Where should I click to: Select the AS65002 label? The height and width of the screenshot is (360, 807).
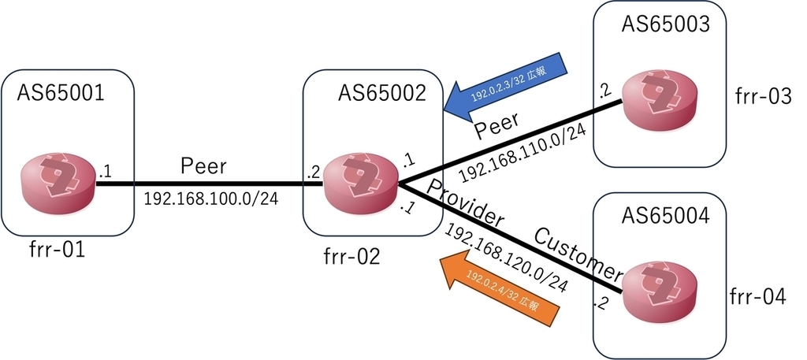[382, 94]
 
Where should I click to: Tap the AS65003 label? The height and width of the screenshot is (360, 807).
[666, 24]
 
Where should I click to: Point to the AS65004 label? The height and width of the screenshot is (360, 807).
[666, 215]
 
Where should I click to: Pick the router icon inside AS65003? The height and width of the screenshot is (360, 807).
[660, 102]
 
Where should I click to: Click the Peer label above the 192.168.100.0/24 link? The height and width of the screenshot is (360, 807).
[203, 166]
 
